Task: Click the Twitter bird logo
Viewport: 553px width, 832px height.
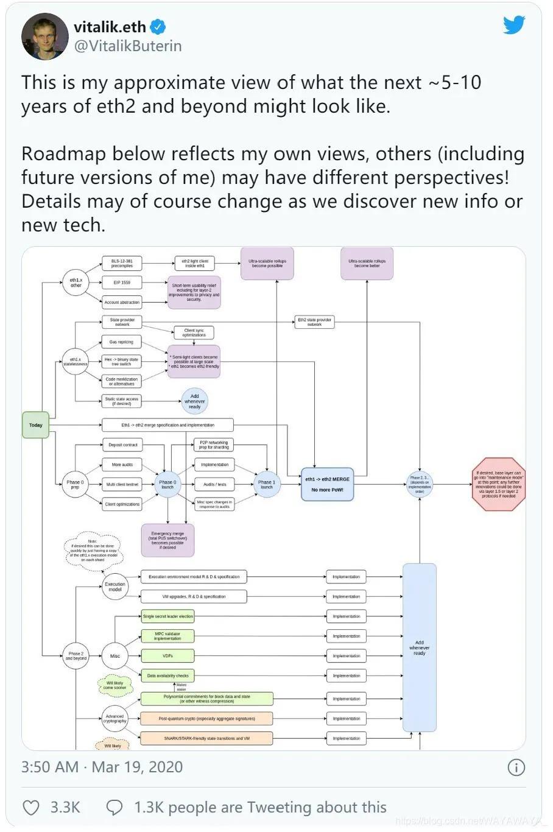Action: tap(513, 25)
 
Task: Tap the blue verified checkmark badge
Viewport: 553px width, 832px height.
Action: tap(158, 27)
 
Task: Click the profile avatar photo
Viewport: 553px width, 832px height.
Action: tap(44, 36)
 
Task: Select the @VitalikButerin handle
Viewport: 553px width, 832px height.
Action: tap(128, 46)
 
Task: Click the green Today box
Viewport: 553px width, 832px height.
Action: tap(36, 425)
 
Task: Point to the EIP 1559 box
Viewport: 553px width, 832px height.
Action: tap(122, 283)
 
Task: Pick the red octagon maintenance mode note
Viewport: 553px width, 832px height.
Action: tap(499, 484)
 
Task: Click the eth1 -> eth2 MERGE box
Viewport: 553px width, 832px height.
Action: tap(328, 484)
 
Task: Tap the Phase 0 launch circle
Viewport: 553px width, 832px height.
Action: tap(167, 484)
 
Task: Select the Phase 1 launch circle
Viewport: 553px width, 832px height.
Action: tap(267, 484)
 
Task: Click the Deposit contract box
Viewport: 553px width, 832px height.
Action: tap(123, 445)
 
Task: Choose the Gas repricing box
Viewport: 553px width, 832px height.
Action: tap(121, 342)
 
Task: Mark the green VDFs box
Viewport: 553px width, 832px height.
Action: tap(167, 656)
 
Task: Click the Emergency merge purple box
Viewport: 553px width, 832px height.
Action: tap(167, 540)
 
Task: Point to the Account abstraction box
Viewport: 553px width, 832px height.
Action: tap(122, 302)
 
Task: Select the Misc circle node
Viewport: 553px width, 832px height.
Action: tap(115, 656)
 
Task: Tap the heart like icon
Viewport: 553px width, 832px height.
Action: tap(31, 808)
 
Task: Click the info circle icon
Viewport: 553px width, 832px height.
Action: tap(516, 767)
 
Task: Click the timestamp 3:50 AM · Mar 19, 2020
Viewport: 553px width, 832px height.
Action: tap(102, 767)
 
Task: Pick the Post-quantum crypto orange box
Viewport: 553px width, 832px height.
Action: tap(206, 719)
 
